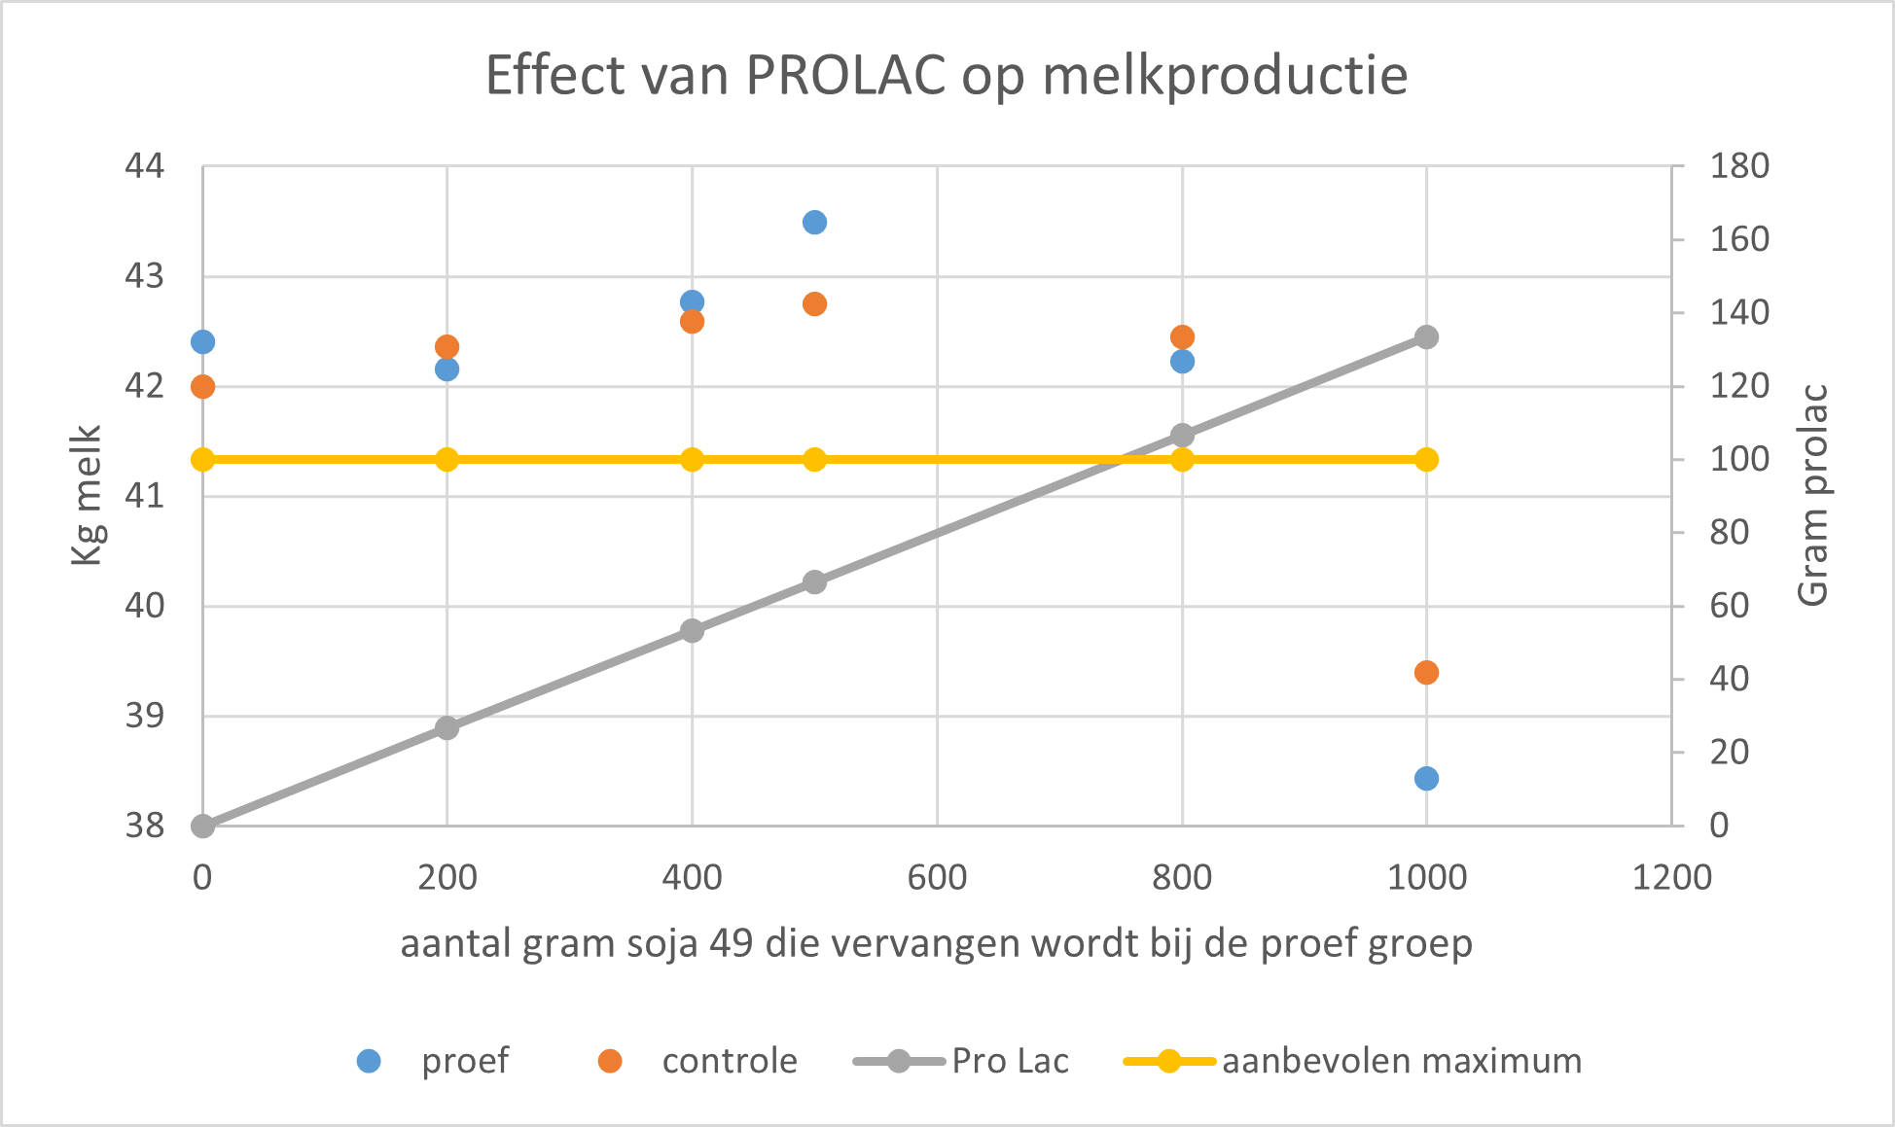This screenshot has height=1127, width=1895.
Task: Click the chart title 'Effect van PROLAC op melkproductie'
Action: tap(946, 76)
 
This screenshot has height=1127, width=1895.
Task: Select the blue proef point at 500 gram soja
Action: tap(814, 223)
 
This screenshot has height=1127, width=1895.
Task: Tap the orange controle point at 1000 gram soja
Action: tap(1426, 673)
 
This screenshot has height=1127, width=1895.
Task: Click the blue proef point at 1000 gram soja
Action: tap(1426, 779)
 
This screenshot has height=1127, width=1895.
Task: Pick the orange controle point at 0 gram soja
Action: tap(202, 387)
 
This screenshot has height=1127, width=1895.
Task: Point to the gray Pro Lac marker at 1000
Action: tap(1426, 337)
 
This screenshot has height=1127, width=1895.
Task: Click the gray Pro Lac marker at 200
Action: tap(447, 728)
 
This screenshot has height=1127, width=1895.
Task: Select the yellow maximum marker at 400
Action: tap(692, 460)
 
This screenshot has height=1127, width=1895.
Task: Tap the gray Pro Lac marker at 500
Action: tap(814, 582)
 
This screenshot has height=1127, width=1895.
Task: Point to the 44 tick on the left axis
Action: tap(145, 166)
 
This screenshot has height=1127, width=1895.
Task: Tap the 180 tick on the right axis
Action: tap(1739, 166)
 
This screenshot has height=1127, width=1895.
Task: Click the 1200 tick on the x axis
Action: tap(1671, 878)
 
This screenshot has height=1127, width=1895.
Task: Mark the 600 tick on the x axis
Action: tap(937, 878)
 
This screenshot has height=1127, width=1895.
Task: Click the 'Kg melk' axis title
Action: tap(87, 496)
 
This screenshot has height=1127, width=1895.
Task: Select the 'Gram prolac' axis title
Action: tap(1813, 496)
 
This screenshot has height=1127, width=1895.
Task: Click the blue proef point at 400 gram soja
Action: tap(692, 301)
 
